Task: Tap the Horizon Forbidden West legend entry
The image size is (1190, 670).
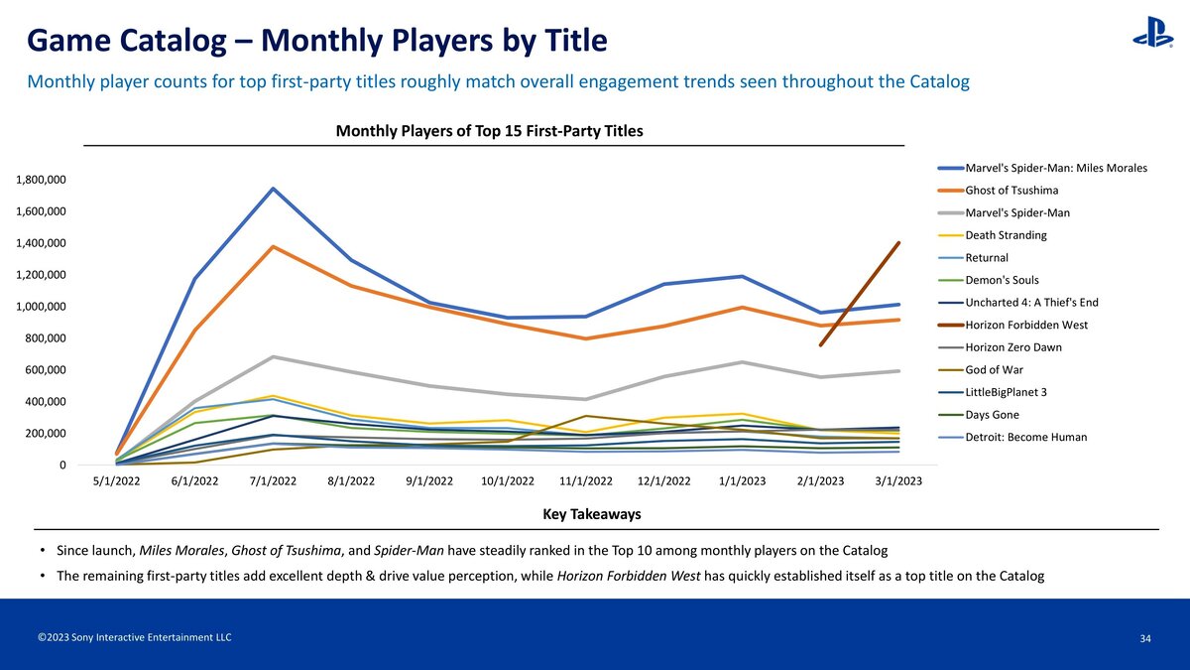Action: [1025, 325]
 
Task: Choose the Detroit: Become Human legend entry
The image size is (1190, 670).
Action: [1025, 437]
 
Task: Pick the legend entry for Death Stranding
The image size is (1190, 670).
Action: [1006, 235]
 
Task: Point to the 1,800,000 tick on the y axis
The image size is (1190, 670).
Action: [41, 180]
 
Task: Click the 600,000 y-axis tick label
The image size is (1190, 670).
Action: [45, 370]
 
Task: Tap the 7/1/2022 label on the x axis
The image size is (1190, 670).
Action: [273, 481]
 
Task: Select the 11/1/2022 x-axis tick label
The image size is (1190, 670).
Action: [585, 481]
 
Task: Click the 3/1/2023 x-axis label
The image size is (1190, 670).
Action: [897, 481]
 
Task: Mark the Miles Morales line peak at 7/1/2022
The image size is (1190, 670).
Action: [273, 189]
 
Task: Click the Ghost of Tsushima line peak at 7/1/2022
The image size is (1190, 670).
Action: [273, 246]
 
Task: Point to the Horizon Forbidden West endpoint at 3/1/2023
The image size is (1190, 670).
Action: [898, 242]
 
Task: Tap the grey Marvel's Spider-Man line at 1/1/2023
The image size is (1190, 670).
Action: [742, 362]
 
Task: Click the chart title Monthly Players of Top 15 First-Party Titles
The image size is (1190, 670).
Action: [489, 131]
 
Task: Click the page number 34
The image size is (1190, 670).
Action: [1145, 638]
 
